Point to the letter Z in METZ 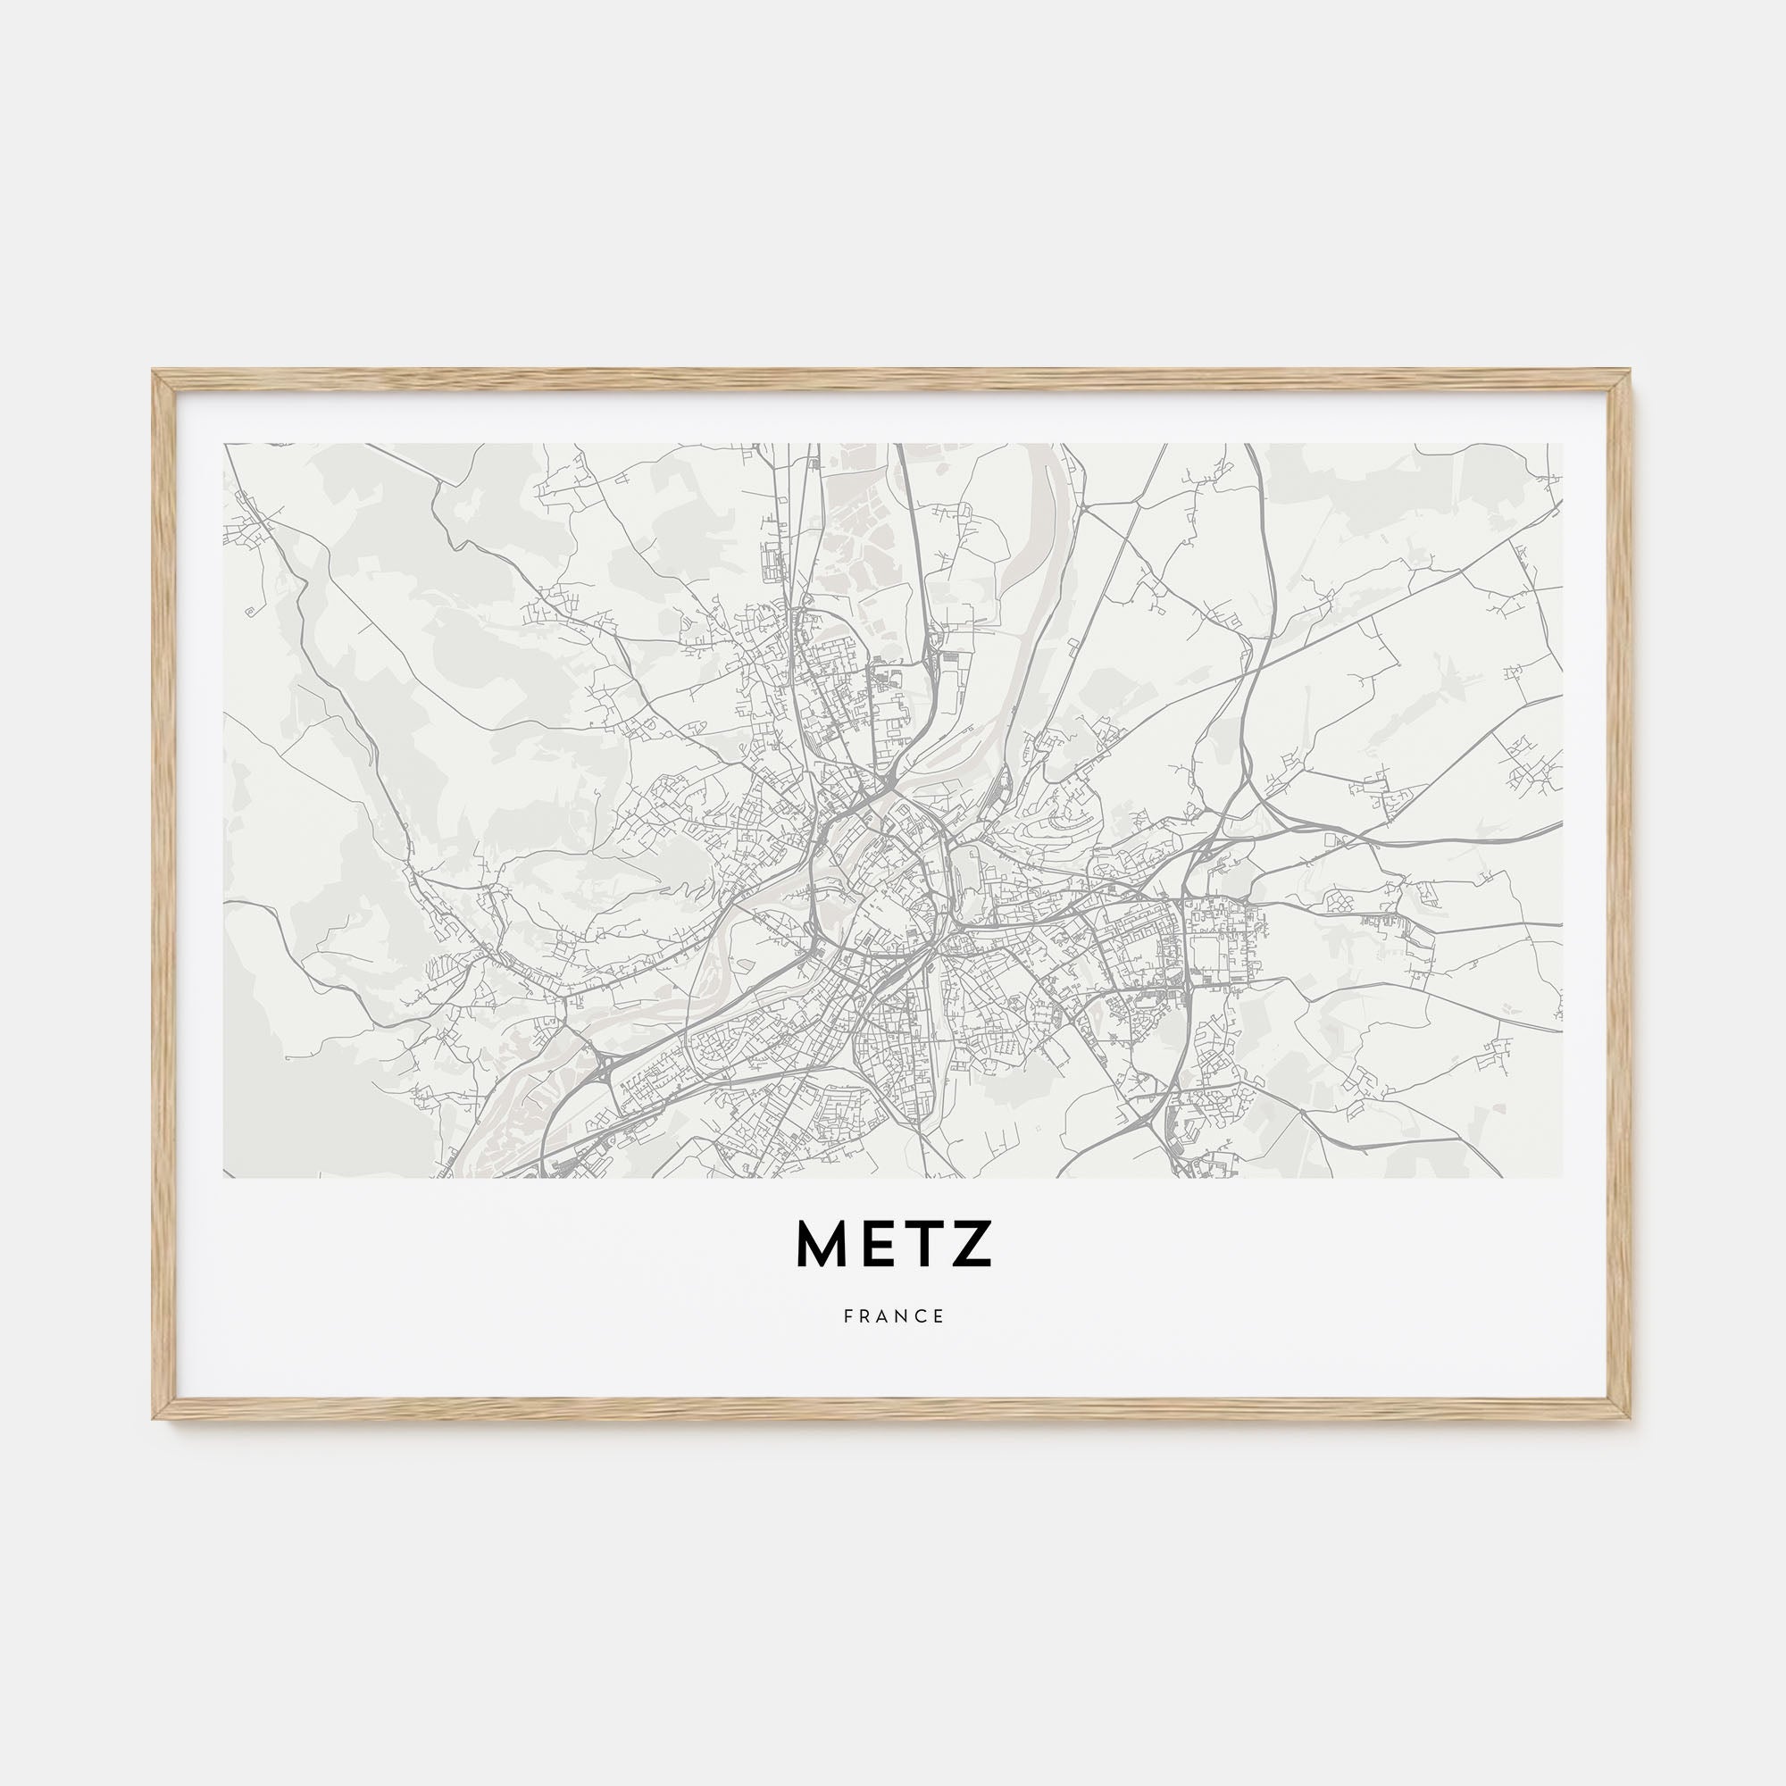click(x=972, y=1244)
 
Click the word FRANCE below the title click(x=893, y=1316)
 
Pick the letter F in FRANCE click(x=847, y=1316)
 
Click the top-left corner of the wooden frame click(x=154, y=372)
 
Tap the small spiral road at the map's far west click(x=250, y=611)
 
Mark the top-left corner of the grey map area click(x=224, y=444)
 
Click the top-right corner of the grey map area click(x=1562, y=444)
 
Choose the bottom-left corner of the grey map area click(x=224, y=1178)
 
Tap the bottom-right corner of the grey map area click(x=1562, y=1178)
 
